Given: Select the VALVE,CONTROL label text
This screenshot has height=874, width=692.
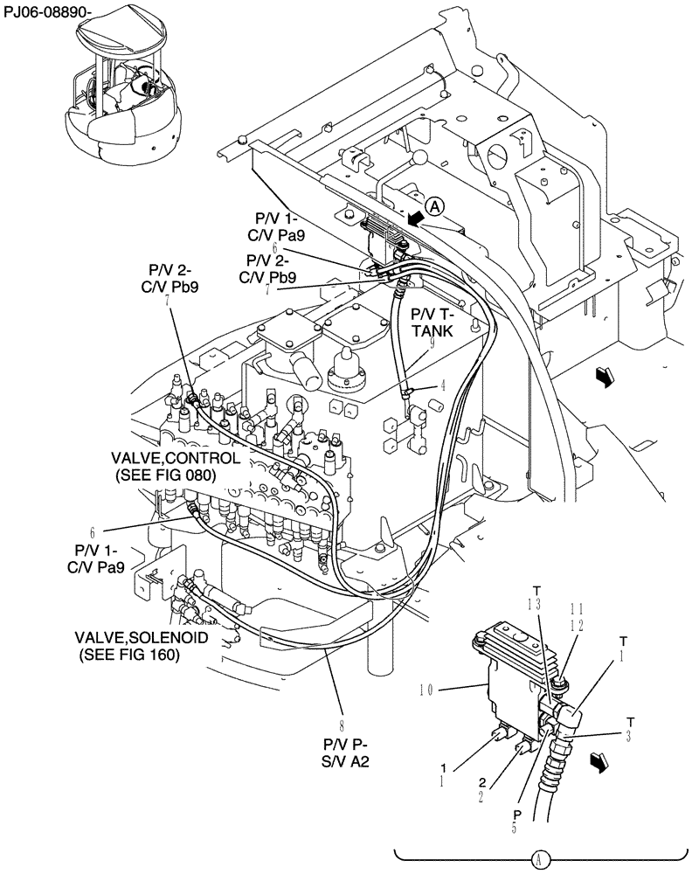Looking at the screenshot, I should (163, 458).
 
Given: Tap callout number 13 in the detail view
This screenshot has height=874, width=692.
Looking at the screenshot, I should (536, 605).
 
